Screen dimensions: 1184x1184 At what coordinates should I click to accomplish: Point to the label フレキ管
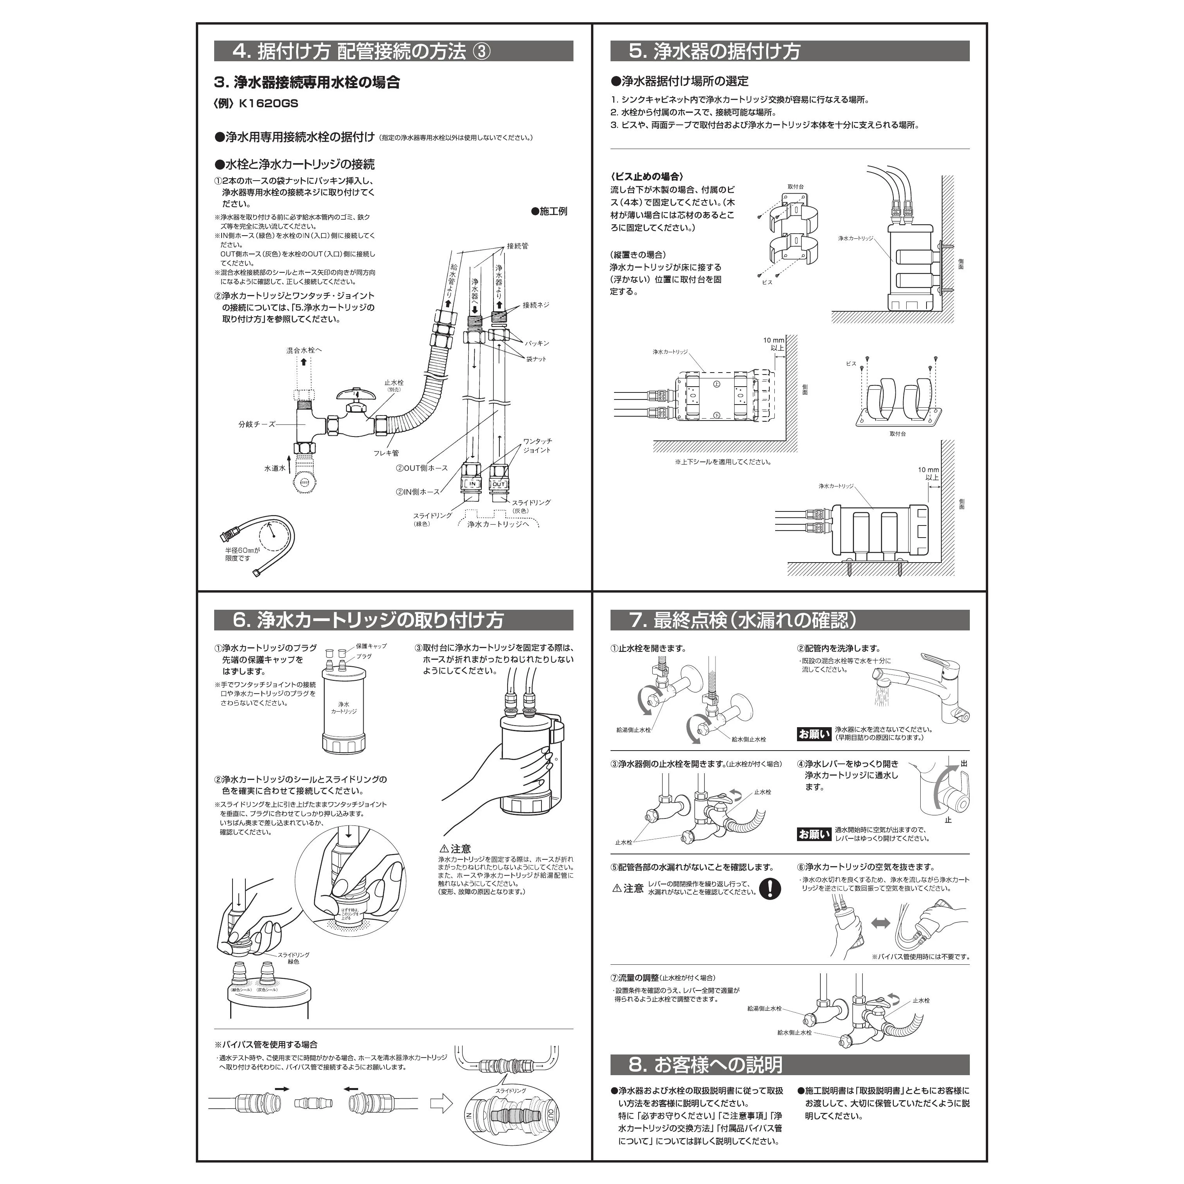(x=386, y=453)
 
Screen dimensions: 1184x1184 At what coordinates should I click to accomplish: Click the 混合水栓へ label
(x=304, y=351)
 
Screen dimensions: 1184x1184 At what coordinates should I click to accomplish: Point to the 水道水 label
(x=275, y=468)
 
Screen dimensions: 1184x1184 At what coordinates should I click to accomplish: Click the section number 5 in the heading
(x=638, y=51)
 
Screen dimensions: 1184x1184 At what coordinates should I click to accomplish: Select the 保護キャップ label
(x=371, y=646)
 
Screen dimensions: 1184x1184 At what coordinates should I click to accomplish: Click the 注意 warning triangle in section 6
(x=444, y=849)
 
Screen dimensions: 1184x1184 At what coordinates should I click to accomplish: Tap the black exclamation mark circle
(x=770, y=889)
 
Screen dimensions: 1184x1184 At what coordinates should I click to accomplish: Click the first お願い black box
(x=814, y=733)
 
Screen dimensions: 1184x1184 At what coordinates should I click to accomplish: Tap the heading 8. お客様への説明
(x=705, y=1065)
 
